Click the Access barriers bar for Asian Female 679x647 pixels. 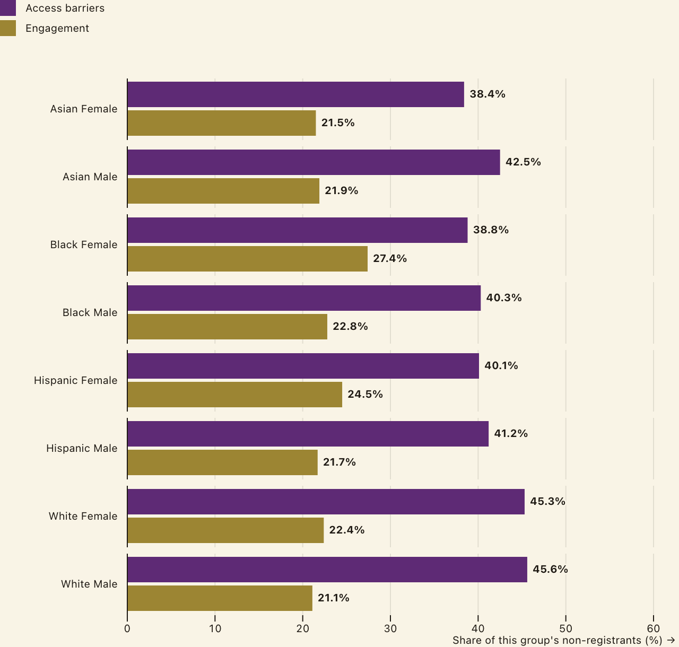pos(295,94)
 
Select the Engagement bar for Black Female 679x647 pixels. pos(247,259)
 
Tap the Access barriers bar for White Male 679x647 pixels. pos(327,570)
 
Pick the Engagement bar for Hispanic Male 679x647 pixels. pos(222,462)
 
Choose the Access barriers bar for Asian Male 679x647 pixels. pos(314,162)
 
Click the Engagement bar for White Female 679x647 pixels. pos(225,530)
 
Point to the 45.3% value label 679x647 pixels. pos(547,501)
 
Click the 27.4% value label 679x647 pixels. pos(389,259)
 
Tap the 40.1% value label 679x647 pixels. pos(501,365)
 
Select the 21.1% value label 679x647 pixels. pos(333,598)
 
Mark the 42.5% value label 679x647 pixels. pos(523,162)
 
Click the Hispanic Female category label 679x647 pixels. pos(76,380)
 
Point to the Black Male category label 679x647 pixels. pos(90,312)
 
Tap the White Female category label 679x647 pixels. pos(83,516)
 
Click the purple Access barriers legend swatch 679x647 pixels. pos(8,8)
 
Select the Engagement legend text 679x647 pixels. pos(57,28)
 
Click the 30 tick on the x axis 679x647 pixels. pos(390,628)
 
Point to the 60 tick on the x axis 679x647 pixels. pos(654,628)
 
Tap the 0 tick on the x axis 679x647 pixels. pos(127,628)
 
